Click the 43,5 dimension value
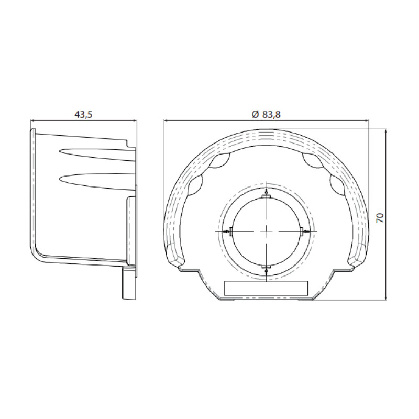point(83,114)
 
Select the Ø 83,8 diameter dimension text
point(266,114)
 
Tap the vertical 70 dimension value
point(380,218)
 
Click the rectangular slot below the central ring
point(266,288)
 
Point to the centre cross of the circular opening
point(267,231)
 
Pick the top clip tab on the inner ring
point(267,197)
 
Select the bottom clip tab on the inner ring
point(267,267)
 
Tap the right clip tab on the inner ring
point(301,231)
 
